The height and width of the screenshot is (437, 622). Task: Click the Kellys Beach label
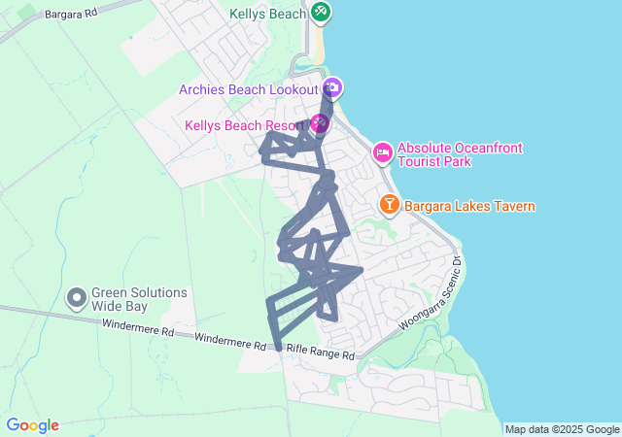[x=268, y=14]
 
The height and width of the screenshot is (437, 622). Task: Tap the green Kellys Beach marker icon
[x=321, y=13]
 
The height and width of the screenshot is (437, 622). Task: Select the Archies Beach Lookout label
[x=249, y=89]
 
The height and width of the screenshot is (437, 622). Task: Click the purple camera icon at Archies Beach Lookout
[x=332, y=88]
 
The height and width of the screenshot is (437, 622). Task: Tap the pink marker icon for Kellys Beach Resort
[x=319, y=124]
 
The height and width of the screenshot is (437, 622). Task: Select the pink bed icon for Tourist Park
[x=383, y=152]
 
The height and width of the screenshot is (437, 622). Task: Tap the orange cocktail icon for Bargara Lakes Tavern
[x=389, y=205]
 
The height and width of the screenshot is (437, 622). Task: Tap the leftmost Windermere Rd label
[x=137, y=328]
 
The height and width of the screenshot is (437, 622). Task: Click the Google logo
[x=32, y=425]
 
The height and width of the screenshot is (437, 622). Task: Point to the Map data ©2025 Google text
[x=562, y=429]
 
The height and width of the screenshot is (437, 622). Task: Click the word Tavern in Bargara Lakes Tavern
[x=512, y=206]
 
